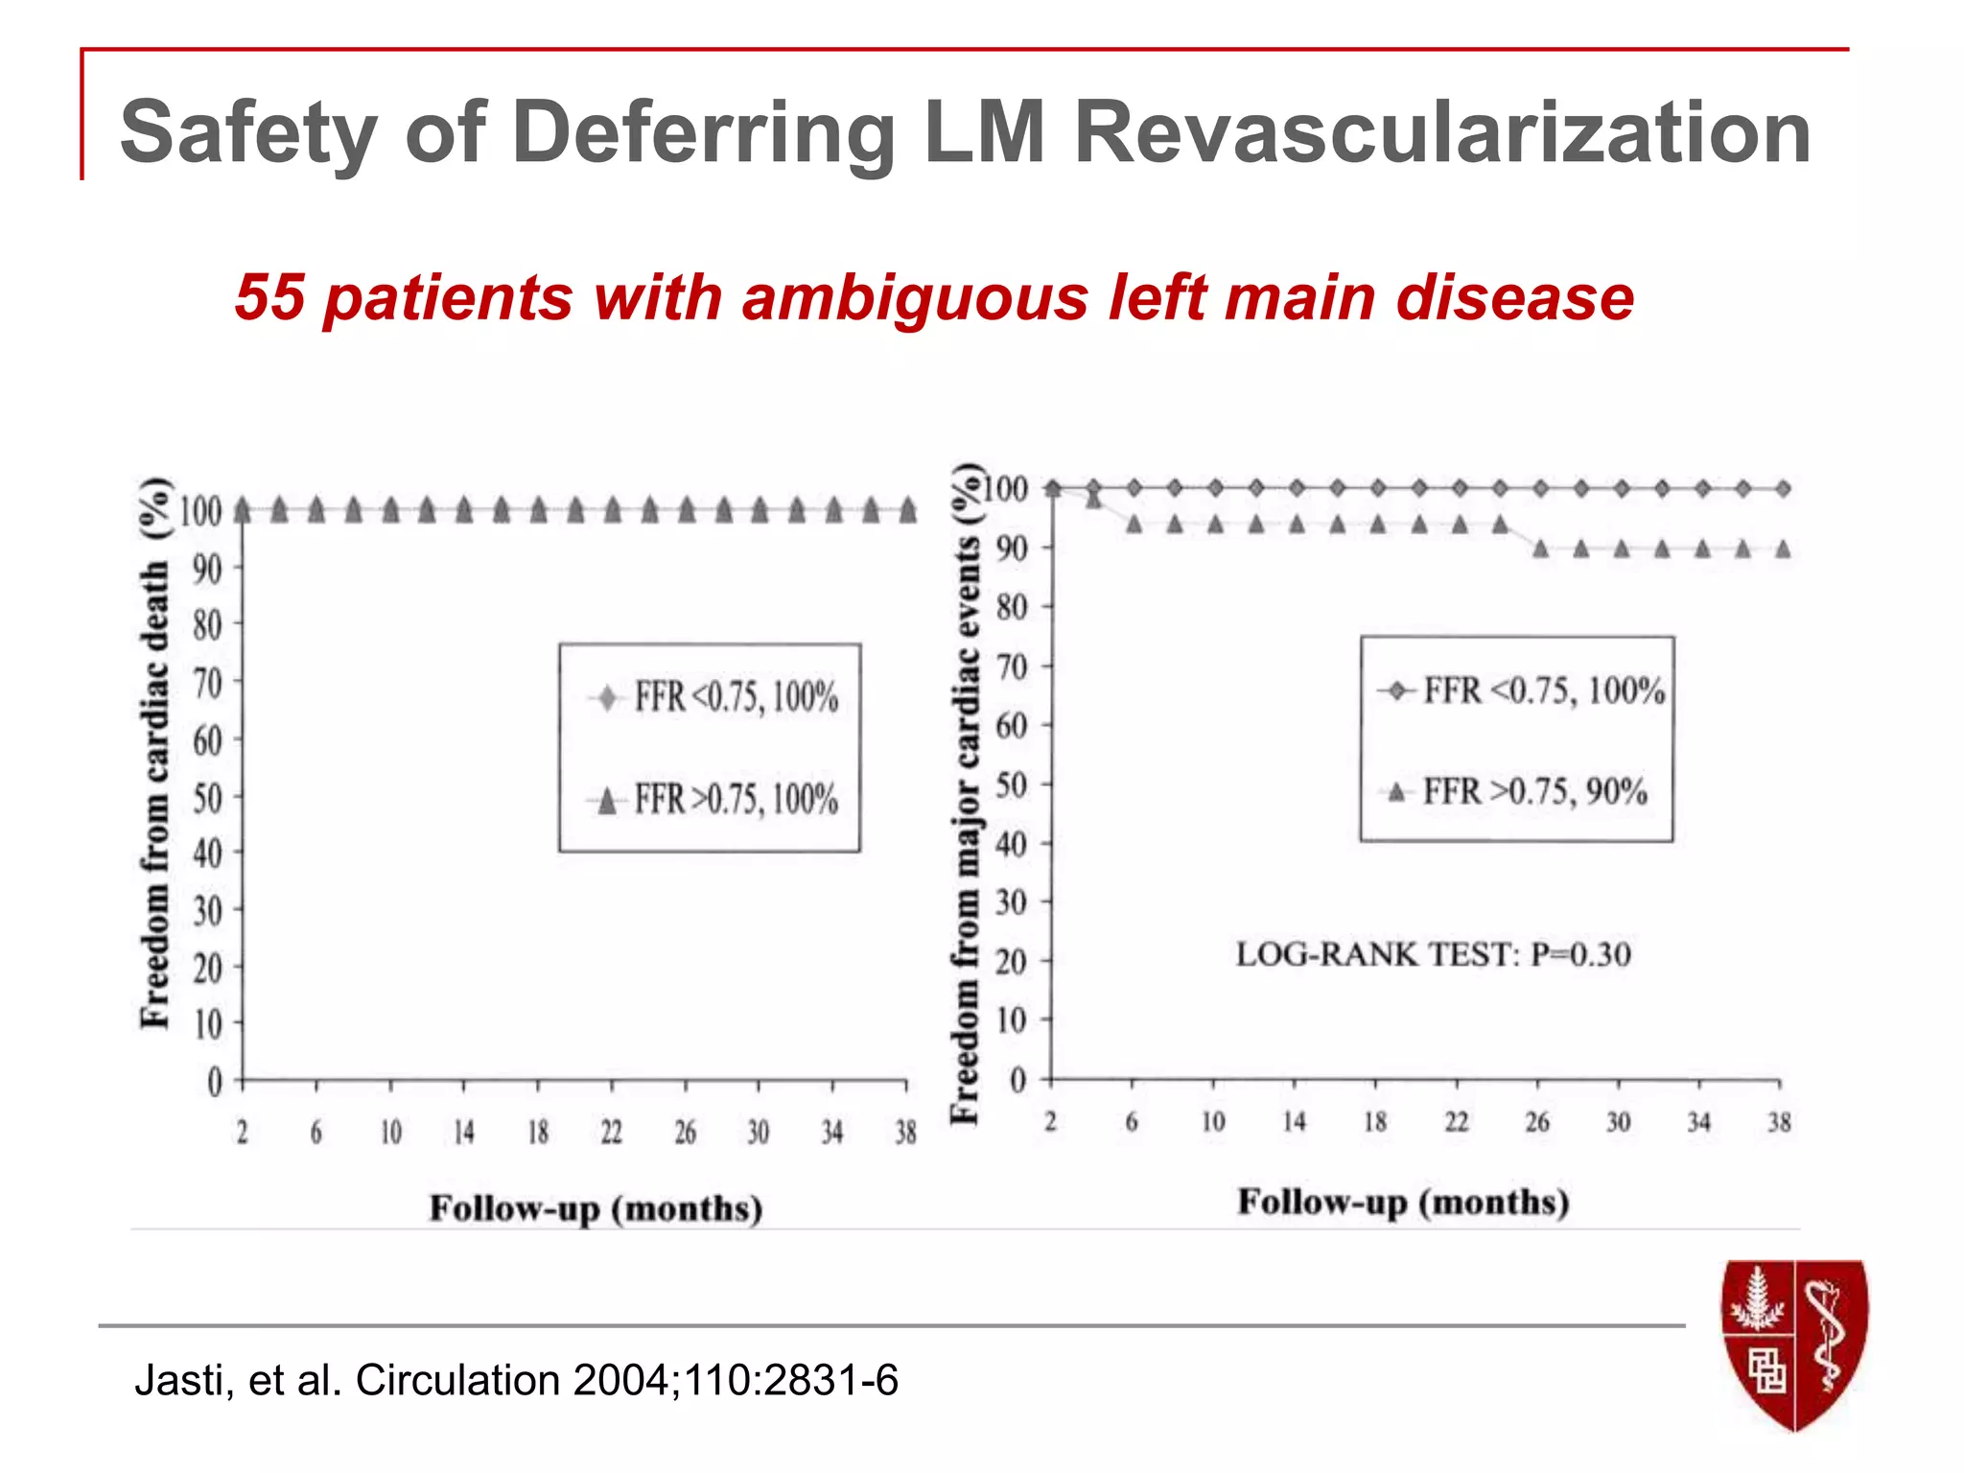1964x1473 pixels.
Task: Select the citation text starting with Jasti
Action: pyautogui.click(x=516, y=1380)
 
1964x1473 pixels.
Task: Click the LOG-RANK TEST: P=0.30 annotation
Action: pyautogui.click(x=1433, y=954)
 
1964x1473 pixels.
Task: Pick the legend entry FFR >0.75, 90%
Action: pyautogui.click(x=1534, y=791)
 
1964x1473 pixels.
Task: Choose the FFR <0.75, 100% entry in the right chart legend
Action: pyautogui.click(x=1543, y=690)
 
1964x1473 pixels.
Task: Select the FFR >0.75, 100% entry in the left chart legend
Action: pyautogui.click(x=736, y=799)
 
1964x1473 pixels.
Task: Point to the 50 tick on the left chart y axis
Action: pyautogui.click(x=207, y=797)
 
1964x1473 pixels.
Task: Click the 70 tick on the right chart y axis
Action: pyautogui.click(x=1011, y=666)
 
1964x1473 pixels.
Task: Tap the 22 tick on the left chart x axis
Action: pyautogui.click(x=611, y=1133)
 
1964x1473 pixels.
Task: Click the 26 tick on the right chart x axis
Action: pyautogui.click(x=1537, y=1122)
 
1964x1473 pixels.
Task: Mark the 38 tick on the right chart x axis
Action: pyautogui.click(x=1779, y=1122)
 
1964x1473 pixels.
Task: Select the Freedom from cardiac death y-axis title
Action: pyautogui.click(x=155, y=753)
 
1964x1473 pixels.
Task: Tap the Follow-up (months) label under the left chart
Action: pyautogui.click(x=596, y=1208)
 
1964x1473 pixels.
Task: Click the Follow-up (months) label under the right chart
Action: pyautogui.click(x=1403, y=1202)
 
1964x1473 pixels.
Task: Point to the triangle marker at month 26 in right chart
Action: pyautogui.click(x=1540, y=549)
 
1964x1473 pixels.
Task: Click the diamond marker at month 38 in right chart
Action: pyautogui.click(x=1783, y=489)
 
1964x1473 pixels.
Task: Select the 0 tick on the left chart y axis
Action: pyautogui.click(x=215, y=1082)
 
